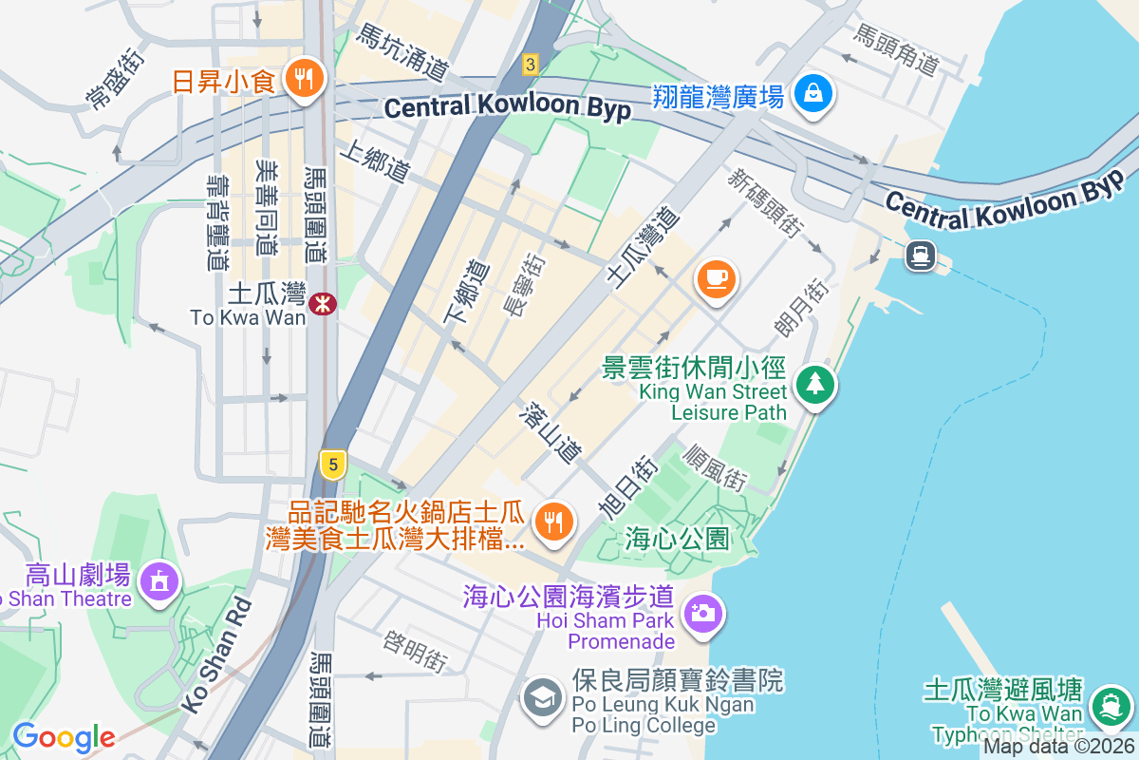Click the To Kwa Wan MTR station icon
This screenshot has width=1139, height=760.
coord(323,303)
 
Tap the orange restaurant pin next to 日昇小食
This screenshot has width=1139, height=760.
coord(305,79)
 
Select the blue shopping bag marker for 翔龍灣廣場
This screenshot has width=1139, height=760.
coord(814,94)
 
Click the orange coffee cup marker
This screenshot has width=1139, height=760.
coord(717,278)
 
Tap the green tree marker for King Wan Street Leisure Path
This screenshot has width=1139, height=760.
coord(814,385)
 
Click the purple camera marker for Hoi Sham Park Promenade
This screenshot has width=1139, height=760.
coord(702,613)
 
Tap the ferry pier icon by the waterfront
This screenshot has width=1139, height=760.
coord(920,256)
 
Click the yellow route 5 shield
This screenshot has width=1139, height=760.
coord(332,465)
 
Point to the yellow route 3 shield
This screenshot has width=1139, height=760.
coord(531,65)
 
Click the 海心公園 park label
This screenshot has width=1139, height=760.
coord(678,540)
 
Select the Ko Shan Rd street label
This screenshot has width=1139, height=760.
coord(217,655)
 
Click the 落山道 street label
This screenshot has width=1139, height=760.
coord(551,432)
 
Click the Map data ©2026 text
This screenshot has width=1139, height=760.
coord(1059,747)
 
